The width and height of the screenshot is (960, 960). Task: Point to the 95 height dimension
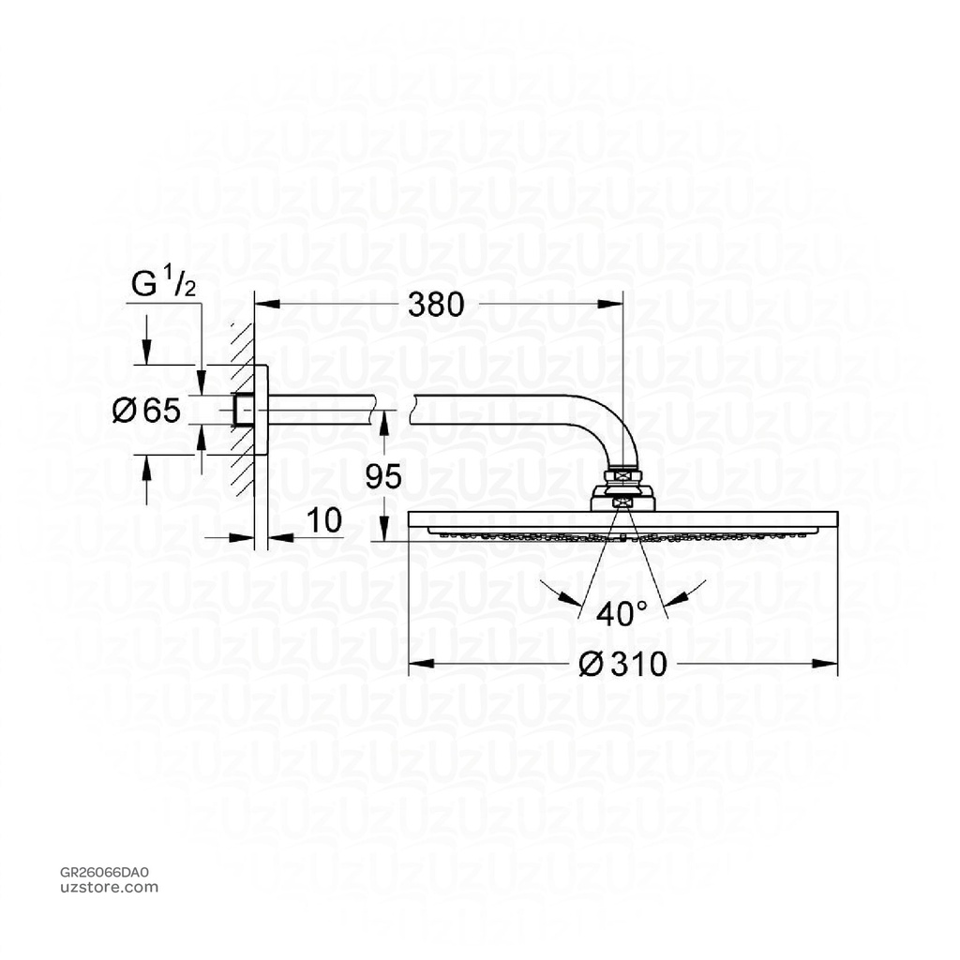(x=382, y=476)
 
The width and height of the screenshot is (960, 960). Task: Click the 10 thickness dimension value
(x=323, y=521)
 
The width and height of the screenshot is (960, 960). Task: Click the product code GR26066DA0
(x=103, y=872)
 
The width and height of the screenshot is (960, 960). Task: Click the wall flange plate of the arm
(x=262, y=410)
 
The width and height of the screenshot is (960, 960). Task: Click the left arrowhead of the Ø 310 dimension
(x=417, y=664)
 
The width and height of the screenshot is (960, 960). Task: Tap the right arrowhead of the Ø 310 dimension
(x=829, y=664)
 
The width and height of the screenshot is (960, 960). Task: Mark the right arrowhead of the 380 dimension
(x=615, y=303)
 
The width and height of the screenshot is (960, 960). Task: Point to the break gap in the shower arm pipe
(x=393, y=409)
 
